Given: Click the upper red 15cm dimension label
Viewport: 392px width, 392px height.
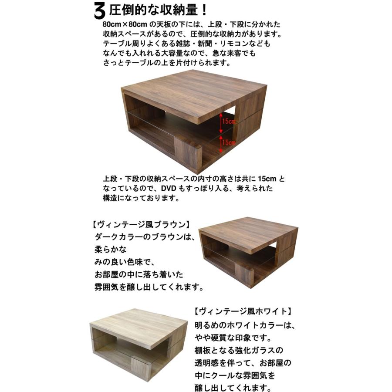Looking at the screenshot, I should point(227,121).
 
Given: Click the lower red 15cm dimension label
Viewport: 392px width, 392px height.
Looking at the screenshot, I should point(228,142).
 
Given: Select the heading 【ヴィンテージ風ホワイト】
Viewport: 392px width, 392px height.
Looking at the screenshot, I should point(242,311).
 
